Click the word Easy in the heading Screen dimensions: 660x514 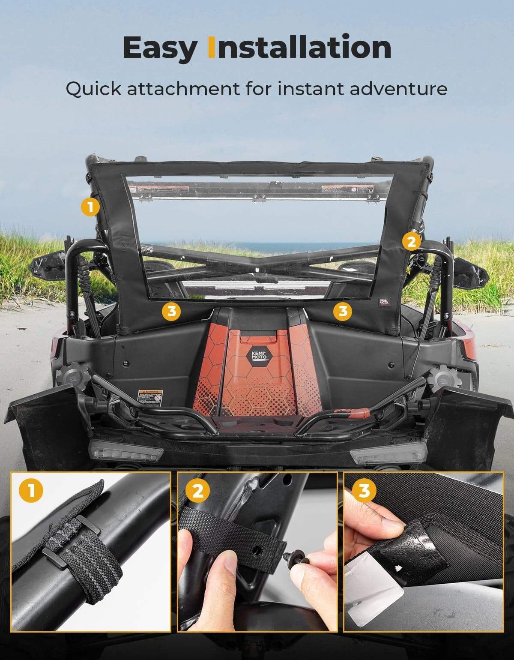158,48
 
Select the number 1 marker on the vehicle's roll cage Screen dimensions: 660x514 90,207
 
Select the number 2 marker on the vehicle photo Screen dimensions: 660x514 411,242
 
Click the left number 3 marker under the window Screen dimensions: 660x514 172,311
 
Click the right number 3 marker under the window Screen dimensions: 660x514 343,311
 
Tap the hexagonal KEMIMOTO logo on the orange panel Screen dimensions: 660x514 257,356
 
